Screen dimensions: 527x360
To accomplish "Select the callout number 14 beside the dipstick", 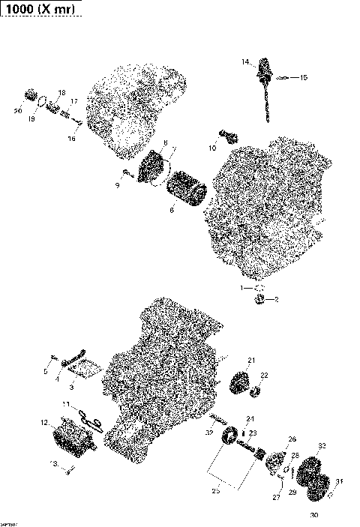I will point(245,62).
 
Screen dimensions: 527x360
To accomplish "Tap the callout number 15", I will point(304,77).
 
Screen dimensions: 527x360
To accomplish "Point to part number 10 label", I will point(212,149).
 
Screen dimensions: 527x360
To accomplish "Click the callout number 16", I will point(72,138).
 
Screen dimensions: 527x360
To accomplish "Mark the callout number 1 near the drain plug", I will point(242,287).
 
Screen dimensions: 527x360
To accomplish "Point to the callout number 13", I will point(52,464).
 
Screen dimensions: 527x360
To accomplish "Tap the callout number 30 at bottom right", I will point(313,514).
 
